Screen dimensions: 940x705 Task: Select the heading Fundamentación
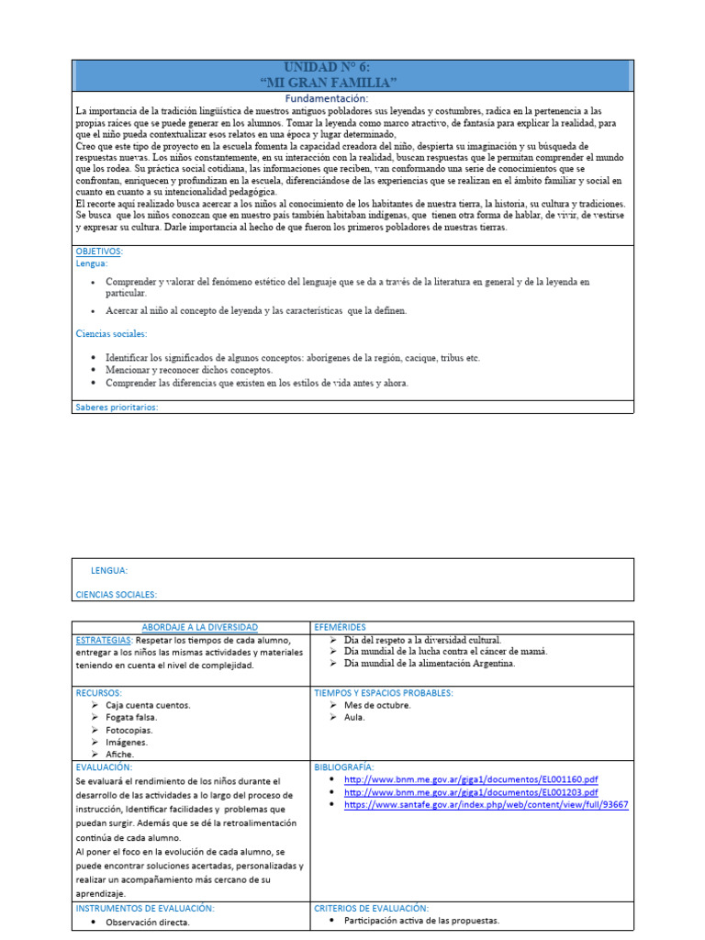pyautogui.click(x=327, y=98)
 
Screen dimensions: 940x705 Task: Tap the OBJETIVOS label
pyautogui.click(x=98, y=252)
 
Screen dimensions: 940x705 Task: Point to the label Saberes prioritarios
pyautogui.click(x=117, y=407)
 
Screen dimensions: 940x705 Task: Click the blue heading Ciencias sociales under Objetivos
pyautogui.click(x=111, y=334)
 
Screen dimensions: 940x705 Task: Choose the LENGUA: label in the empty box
pyautogui.click(x=109, y=570)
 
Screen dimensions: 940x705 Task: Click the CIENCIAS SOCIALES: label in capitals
pyautogui.click(x=117, y=594)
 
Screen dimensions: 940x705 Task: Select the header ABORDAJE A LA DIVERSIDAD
pyautogui.click(x=193, y=626)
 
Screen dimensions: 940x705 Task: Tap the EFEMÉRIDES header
pyautogui.click(x=340, y=626)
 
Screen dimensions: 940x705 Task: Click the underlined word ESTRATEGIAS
pyautogui.click(x=103, y=639)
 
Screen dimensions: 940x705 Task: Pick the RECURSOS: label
pyautogui.click(x=99, y=693)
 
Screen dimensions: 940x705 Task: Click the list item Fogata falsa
pyautogui.click(x=131, y=718)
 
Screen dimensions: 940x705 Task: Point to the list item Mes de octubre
pyautogui.click(x=377, y=705)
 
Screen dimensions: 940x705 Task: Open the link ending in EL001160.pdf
pyautogui.click(x=471, y=779)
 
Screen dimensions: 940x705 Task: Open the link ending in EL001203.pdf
pyautogui.click(x=471, y=792)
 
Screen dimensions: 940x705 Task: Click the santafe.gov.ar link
pyautogui.click(x=486, y=804)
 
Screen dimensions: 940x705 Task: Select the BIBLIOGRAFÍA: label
pyautogui.click(x=344, y=767)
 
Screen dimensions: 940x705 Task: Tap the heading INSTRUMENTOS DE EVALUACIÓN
pyautogui.click(x=145, y=908)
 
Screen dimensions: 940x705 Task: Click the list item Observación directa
pyautogui.click(x=147, y=923)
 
